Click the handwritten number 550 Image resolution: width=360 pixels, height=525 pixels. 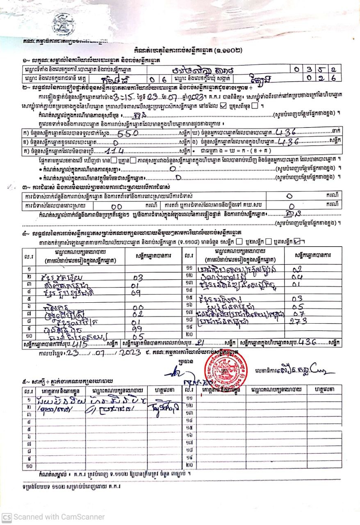[129, 133]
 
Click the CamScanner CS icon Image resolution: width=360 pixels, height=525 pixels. [6, 517]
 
